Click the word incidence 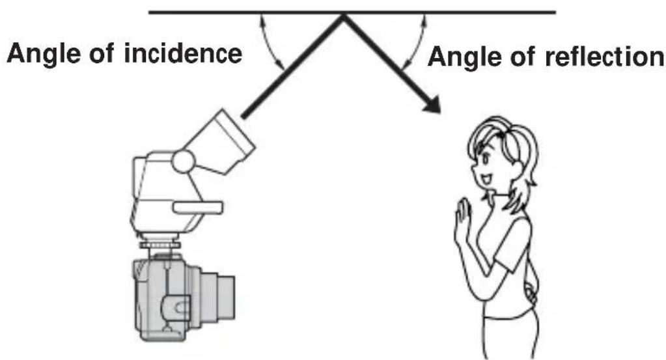[x=183, y=53]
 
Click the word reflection [x=604, y=57]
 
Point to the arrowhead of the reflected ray [x=432, y=104]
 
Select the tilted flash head [x=221, y=142]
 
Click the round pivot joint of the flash [x=184, y=161]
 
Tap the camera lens [x=217, y=297]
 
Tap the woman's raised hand [x=462, y=221]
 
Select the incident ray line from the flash [x=293, y=66]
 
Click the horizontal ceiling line [x=352, y=12]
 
